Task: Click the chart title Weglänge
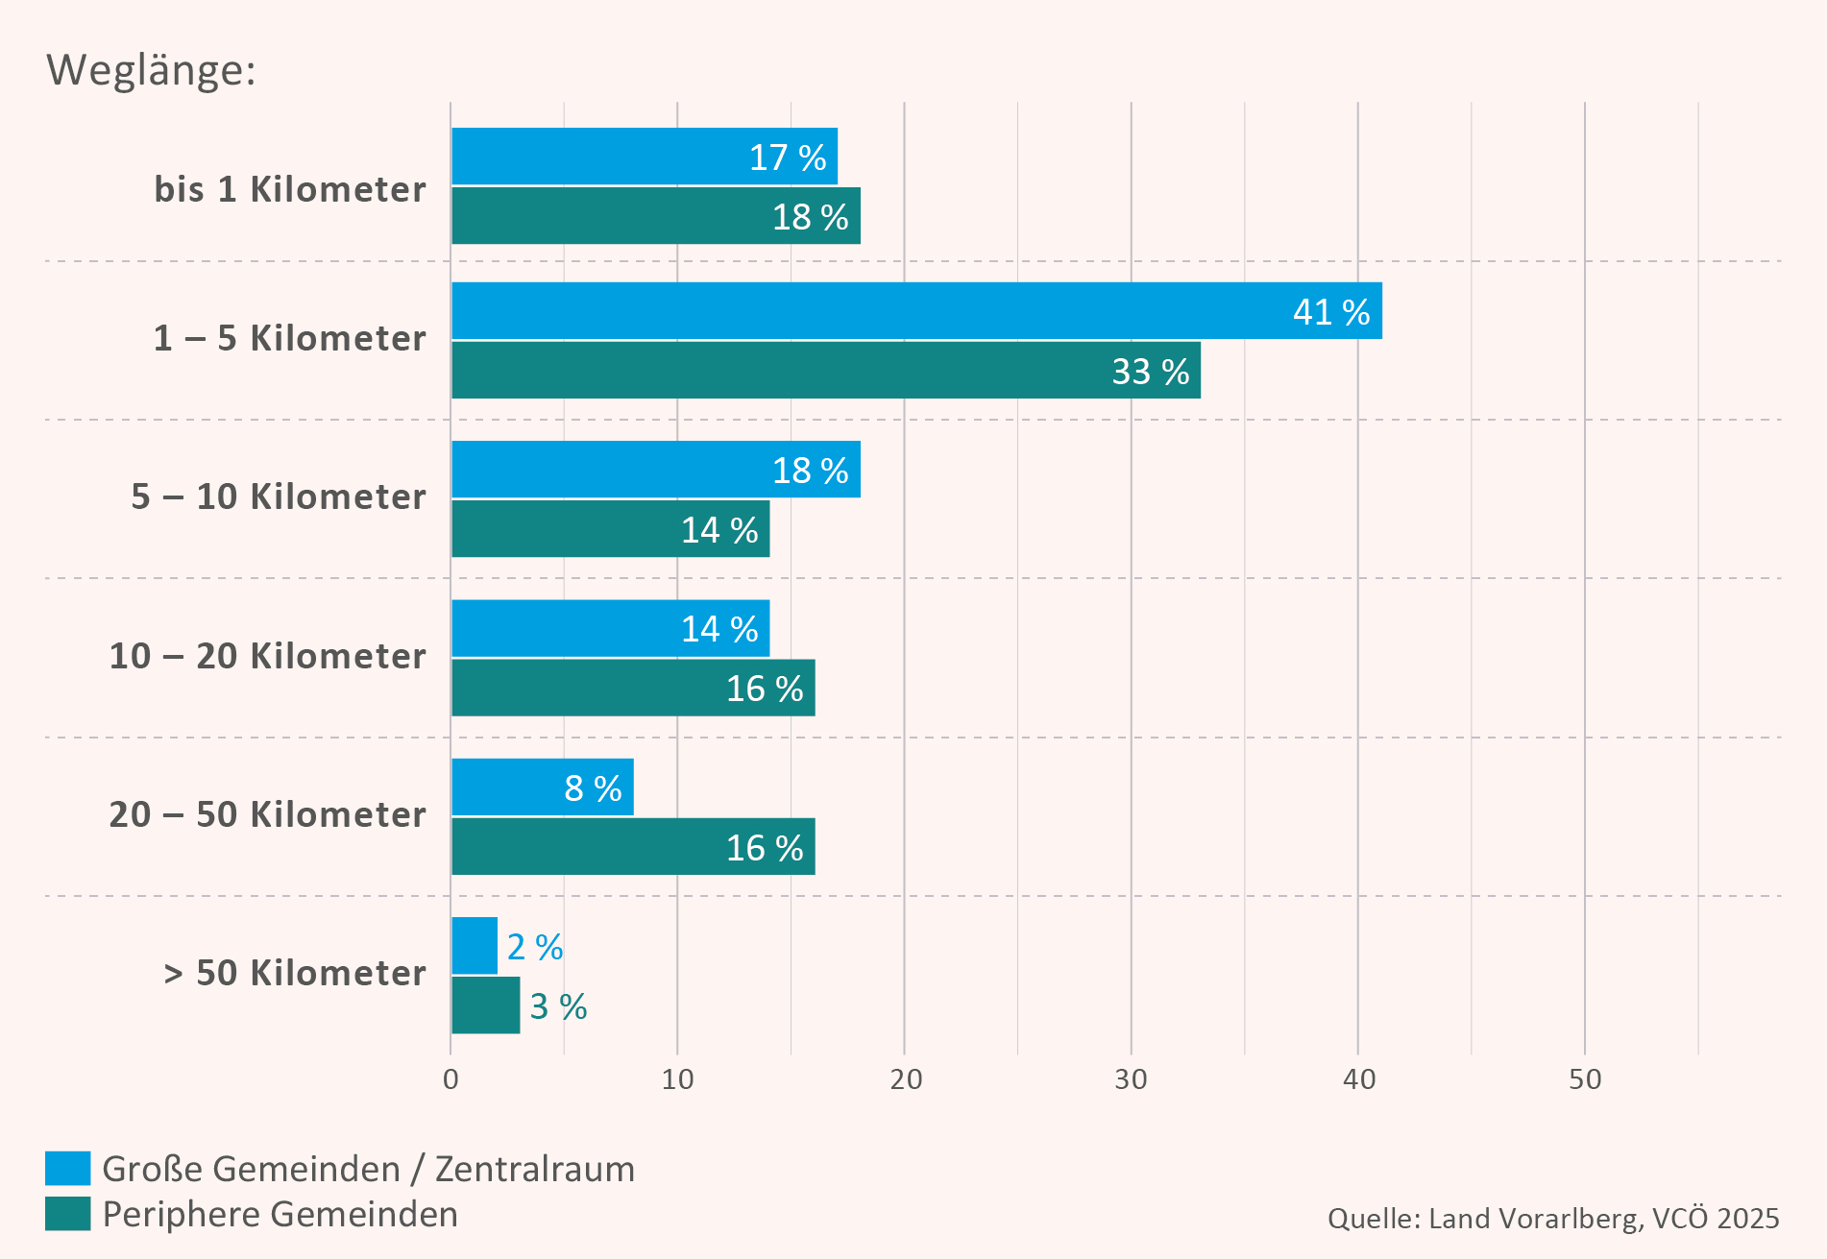151,70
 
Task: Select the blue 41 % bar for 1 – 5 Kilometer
916,311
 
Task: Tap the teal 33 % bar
826,371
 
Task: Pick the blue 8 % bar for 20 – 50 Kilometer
542,787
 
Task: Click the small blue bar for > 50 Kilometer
475,946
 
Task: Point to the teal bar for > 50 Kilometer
486,1005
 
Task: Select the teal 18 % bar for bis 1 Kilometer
656,216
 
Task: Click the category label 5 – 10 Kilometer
279,496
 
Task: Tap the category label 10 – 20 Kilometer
267,656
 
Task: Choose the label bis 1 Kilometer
290,189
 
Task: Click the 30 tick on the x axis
1131,1079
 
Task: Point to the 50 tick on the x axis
1585,1079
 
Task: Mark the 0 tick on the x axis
451,1079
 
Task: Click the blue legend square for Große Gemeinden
68,1169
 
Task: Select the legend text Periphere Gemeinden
280,1214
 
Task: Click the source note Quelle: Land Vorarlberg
1552,1219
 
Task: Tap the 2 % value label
535,947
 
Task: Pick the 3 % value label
558,1006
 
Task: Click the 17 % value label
788,157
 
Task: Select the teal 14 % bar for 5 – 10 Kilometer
611,529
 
